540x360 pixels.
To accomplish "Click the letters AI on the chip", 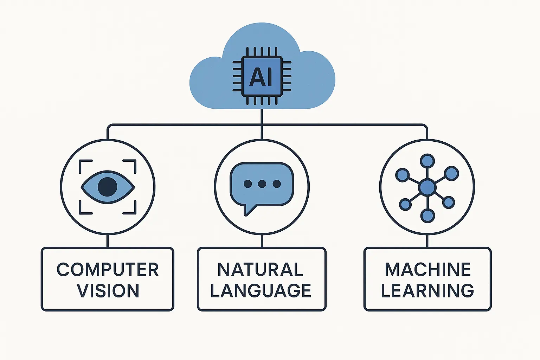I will coord(261,77).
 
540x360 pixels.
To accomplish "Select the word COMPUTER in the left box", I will coord(108,270).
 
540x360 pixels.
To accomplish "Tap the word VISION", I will coord(108,291).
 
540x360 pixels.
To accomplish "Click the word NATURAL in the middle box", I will coord(261,270).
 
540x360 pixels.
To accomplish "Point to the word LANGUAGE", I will coord(261,291).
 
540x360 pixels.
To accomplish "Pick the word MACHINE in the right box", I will coord(427,270).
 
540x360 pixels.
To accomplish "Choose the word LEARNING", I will coord(427,291).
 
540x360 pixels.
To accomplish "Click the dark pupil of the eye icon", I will coord(107,187).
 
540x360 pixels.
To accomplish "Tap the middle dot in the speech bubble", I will coord(262,184).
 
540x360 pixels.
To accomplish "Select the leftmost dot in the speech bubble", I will coord(247,184).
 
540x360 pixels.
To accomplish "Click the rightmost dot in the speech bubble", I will coord(277,184).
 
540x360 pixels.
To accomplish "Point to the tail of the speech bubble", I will coord(248,210).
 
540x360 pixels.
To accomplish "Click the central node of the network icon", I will coord(427,187).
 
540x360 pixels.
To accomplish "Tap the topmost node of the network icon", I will coord(427,161).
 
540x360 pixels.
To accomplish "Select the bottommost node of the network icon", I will coord(427,216).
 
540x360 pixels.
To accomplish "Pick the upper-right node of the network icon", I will coord(451,173).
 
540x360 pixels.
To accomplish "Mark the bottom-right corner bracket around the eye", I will coord(132,210).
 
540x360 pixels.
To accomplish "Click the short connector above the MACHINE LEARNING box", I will coord(427,241).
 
